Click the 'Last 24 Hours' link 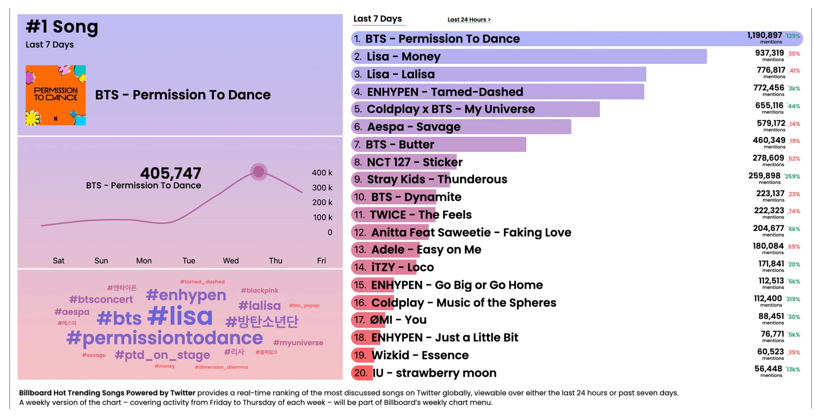tap(469, 20)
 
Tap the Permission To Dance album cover tap(56, 95)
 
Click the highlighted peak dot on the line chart tap(259, 172)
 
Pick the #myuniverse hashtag tap(298, 343)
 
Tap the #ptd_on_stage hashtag tap(162, 355)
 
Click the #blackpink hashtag tap(260, 291)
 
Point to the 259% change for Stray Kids tap(792, 176)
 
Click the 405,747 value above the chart tap(171, 174)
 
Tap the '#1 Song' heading tap(62, 27)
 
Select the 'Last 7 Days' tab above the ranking tap(378, 19)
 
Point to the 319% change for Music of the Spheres tap(793, 299)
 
